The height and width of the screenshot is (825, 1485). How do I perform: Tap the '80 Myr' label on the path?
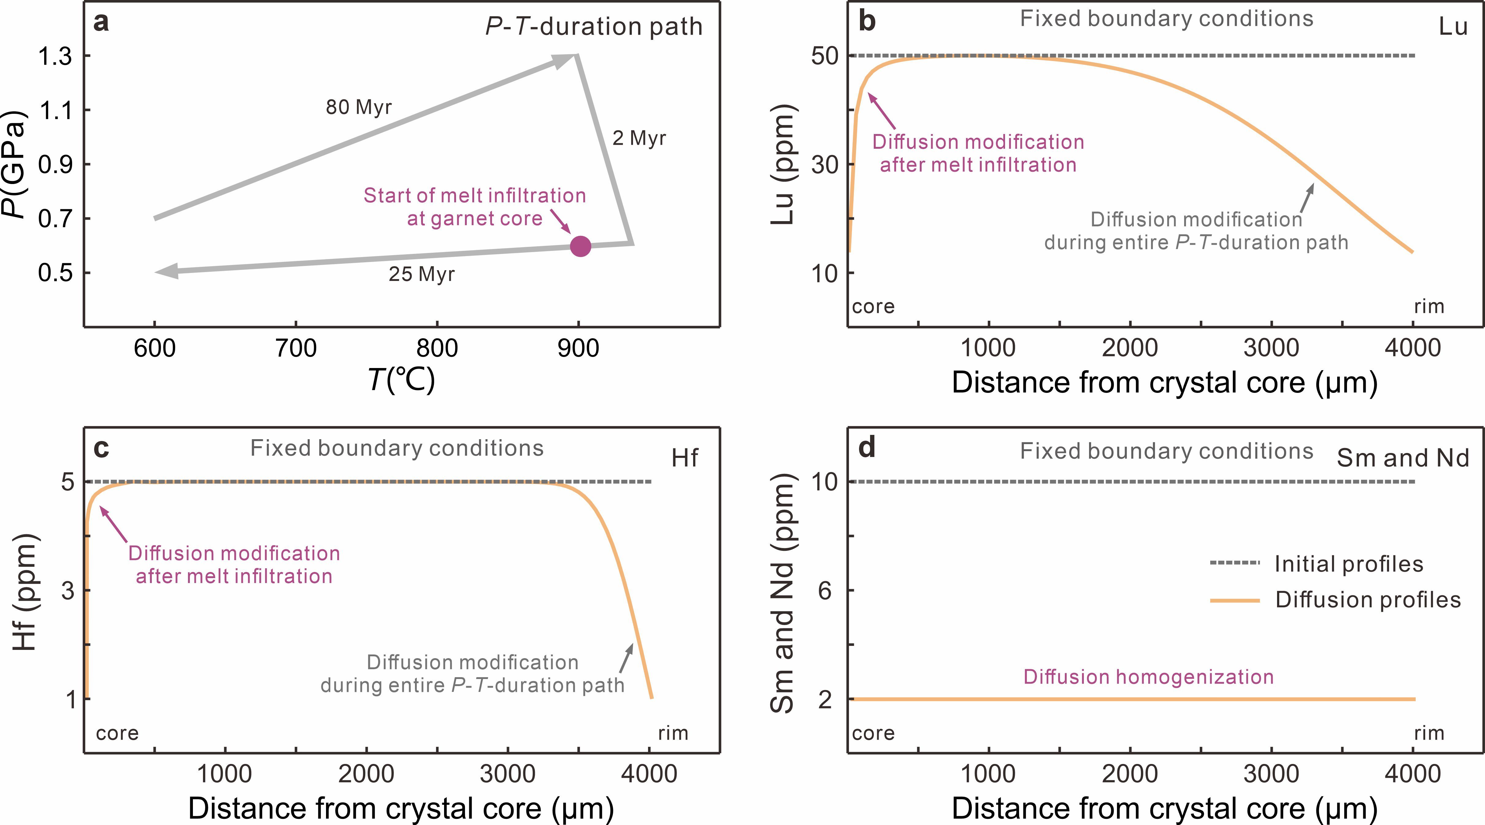click(359, 107)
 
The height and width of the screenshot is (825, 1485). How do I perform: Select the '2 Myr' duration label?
click(639, 138)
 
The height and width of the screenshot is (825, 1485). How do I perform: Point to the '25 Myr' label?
click(421, 274)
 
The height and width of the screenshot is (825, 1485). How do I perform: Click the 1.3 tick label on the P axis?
click(55, 56)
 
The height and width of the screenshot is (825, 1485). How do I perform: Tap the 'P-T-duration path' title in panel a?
click(594, 26)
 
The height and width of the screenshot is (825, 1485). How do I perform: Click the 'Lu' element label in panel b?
click(1453, 26)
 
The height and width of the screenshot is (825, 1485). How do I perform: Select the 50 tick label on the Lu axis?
click(824, 56)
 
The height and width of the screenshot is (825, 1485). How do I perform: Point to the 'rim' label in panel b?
click(1429, 306)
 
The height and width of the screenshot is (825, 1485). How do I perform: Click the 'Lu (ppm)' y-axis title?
click(783, 164)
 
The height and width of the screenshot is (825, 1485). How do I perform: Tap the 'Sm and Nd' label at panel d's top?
click(1402, 458)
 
